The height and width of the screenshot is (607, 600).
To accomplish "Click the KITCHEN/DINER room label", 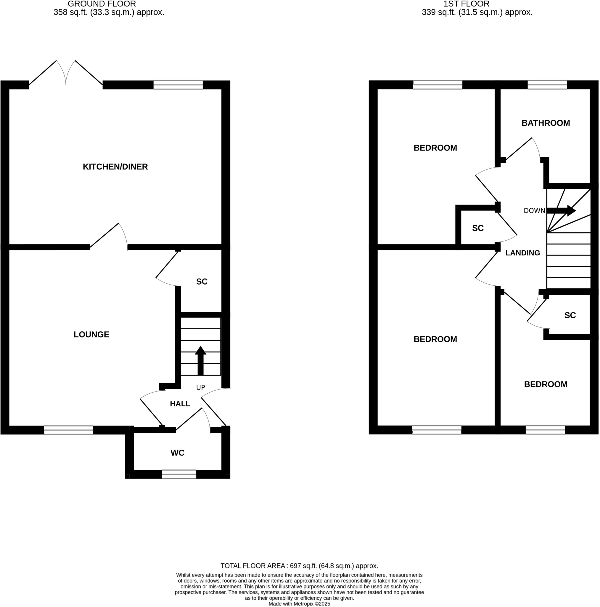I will click(x=115, y=167).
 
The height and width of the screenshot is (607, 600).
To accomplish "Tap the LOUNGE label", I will click(x=91, y=334).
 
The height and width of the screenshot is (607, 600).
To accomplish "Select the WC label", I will click(x=177, y=453).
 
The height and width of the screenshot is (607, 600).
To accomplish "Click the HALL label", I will click(x=180, y=404).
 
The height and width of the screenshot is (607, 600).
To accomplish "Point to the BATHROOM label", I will click(x=546, y=123).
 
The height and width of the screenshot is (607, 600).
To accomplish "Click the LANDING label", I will click(x=522, y=253).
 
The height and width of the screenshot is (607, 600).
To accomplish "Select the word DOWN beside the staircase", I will click(x=534, y=211).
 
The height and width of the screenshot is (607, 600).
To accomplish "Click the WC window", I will click(x=179, y=474).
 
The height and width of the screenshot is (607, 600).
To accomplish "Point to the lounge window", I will click(x=68, y=430).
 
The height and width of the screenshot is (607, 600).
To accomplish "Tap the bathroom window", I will click(x=547, y=85).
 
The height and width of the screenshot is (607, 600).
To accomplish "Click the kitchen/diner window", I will click(x=178, y=85).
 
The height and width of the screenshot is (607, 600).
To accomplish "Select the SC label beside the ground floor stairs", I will click(x=202, y=282).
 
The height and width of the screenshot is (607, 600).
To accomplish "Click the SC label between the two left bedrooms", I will click(x=478, y=228).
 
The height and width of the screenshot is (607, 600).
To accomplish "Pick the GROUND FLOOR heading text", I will click(x=102, y=4).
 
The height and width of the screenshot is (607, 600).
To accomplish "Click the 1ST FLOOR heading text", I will click(x=466, y=4).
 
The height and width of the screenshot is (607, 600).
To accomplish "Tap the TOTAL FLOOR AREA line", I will click(x=299, y=566).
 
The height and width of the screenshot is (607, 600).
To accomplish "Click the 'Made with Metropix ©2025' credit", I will click(x=299, y=604).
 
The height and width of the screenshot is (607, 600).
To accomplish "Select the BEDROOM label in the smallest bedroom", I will click(x=546, y=384).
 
